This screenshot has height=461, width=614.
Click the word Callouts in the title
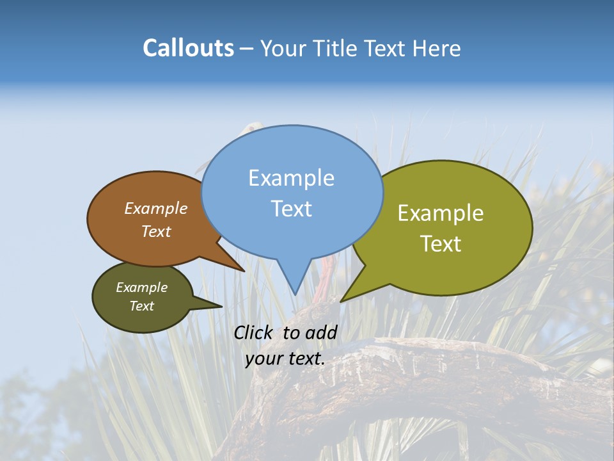(x=188, y=48)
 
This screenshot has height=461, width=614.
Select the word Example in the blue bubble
(x=291, y=178)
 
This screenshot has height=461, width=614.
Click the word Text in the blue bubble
(x=291, y=209)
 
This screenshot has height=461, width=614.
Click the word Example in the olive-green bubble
(x=441, y=213)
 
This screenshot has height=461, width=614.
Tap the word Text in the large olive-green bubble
(x=441, y=244)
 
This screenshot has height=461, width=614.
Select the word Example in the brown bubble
(x=156, y=209)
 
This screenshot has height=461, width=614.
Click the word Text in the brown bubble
(x=156, y=232)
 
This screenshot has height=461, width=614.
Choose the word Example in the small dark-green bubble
(x=141, y=287)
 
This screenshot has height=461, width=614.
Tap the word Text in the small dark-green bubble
(x=141, y=306)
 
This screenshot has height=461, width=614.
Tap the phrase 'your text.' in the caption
(x=285, y=359)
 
